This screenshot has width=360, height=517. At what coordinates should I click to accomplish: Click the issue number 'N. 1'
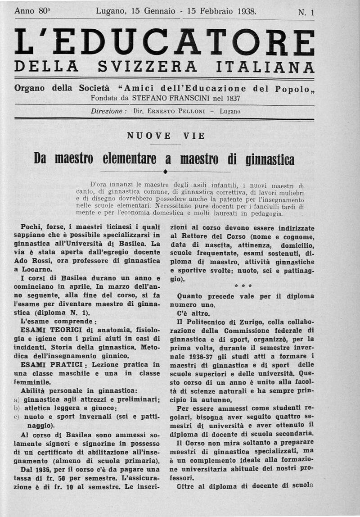(x=306, y=13)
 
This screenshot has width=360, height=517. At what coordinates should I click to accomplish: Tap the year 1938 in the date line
(x=243, y=12)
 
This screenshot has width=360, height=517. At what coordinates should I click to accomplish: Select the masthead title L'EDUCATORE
(x=164, y=42)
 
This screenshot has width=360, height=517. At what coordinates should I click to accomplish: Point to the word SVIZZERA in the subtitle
(x=147, y=67)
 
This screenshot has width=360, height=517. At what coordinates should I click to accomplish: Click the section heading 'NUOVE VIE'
(x=166, y=136)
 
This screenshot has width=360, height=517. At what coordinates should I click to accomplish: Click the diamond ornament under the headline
(x=166, y=172)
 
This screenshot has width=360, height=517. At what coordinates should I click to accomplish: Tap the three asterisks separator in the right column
(x=243, y=286)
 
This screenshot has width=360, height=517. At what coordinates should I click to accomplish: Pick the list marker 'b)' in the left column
(x=17, y=408)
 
